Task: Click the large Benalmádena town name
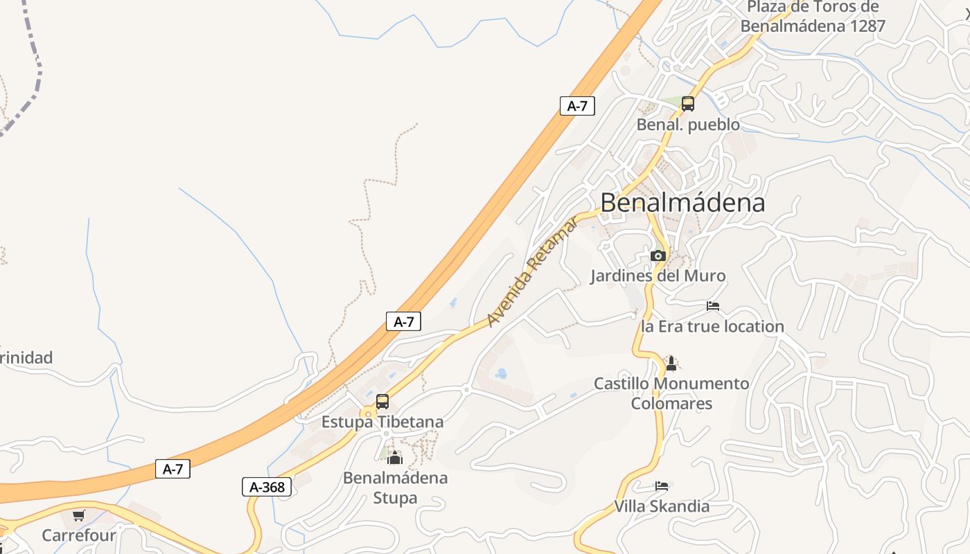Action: click(x=682, y=202)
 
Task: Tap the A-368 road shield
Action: click(x=267, y=487)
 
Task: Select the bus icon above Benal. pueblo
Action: click(x=687, y=104)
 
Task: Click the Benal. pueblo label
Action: click(x=688, y=125)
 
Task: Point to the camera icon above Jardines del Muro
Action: click(x=658, y=256)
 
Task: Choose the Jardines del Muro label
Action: click(x=658, y=276)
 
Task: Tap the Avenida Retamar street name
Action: click(x=532, y=271)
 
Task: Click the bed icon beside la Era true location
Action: click(x=713, y=305)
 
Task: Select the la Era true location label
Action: click(x=712, y=326)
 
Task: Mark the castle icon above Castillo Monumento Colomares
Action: click(x=671, y=363)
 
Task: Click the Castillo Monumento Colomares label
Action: click(x=671, y=393)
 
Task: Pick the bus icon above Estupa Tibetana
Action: click(x=382, y=402)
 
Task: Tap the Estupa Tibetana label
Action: click(x=382, y=422)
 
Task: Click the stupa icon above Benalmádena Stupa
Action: click(x=395, y=458)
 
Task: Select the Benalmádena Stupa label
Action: click(x=395, y=488)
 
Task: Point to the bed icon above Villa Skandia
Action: click(x=662, y=486)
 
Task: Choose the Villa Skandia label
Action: click(x=662, y=506)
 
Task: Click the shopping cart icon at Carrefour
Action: click(x=78, y=515)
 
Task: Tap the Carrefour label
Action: click(x=78, y=535)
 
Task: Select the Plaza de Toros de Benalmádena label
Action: click(x=813, y=17)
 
